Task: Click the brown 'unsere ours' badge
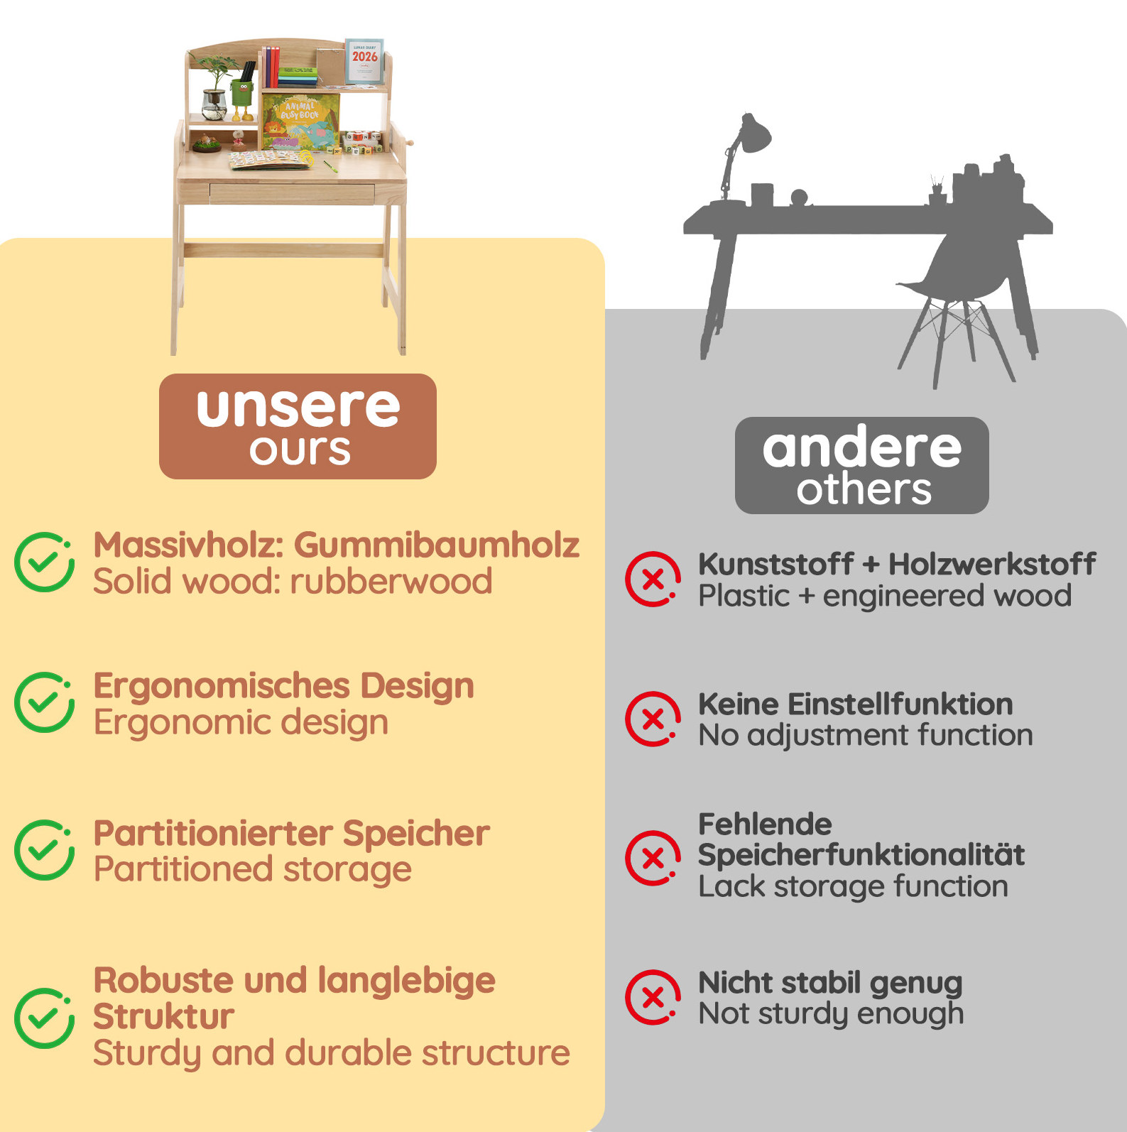click(298, 426)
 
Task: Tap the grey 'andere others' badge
click(861, 465)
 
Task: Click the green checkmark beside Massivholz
click(44, 562)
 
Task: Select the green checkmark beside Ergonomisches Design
click(44, 702)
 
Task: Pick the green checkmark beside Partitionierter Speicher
click(44, 850)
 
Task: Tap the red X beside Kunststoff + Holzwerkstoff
click(653, 579)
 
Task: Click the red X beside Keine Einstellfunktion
click(653, 719)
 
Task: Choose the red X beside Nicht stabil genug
click(653, 998)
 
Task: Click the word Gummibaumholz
click(437, 545)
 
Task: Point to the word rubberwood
click(391, 582)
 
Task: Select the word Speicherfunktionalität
click(861, 856)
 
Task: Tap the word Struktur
click(163, 1016)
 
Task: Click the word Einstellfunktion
click(900, 704)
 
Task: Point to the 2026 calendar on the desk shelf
click(364, 62)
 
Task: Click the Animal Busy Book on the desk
click(300, 122)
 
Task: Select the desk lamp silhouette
click(739, 160)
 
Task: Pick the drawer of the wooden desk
click(292, 192)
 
